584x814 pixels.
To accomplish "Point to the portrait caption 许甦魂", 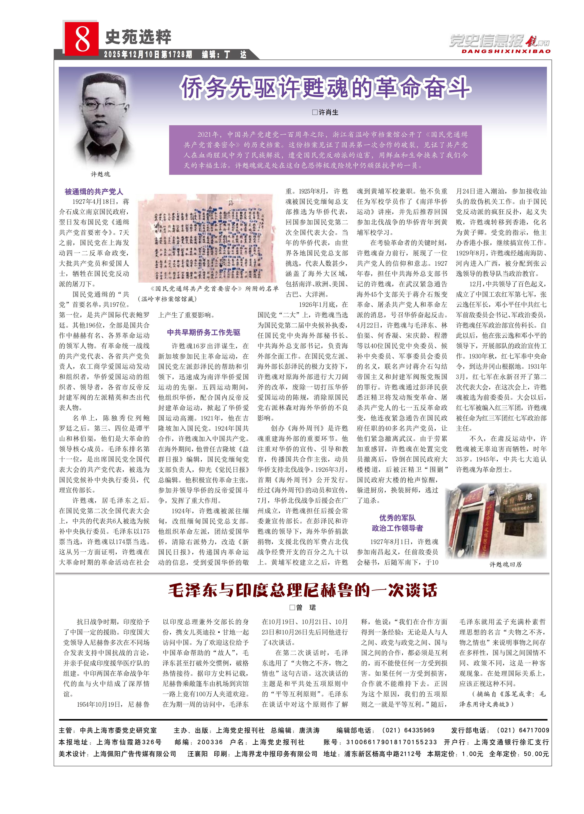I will (x=100, y=174).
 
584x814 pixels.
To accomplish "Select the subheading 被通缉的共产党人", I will (x=94, y=192).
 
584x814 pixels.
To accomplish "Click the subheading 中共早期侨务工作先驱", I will (x=203, y=332).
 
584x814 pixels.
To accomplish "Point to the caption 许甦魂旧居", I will (x=505, y=564).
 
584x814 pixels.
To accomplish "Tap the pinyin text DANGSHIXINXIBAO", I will (x=506, y=51).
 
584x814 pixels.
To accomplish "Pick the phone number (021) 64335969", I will (x=408, y=730).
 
